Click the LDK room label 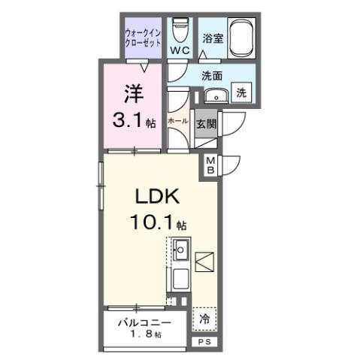tap(156, 198)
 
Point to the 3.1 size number tap(132, 119)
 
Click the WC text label tap(179, 50)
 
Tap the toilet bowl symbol tap(179, 30)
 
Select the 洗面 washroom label tap(210, 75)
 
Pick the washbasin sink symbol tap(214, 95)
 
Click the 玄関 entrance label tap(206, 123)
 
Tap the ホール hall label tap(178, 121)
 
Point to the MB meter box tap(210, 166)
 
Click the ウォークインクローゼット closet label tap(143, 37)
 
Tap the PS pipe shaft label tap(204, 341)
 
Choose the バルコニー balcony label tap(144, 322)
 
